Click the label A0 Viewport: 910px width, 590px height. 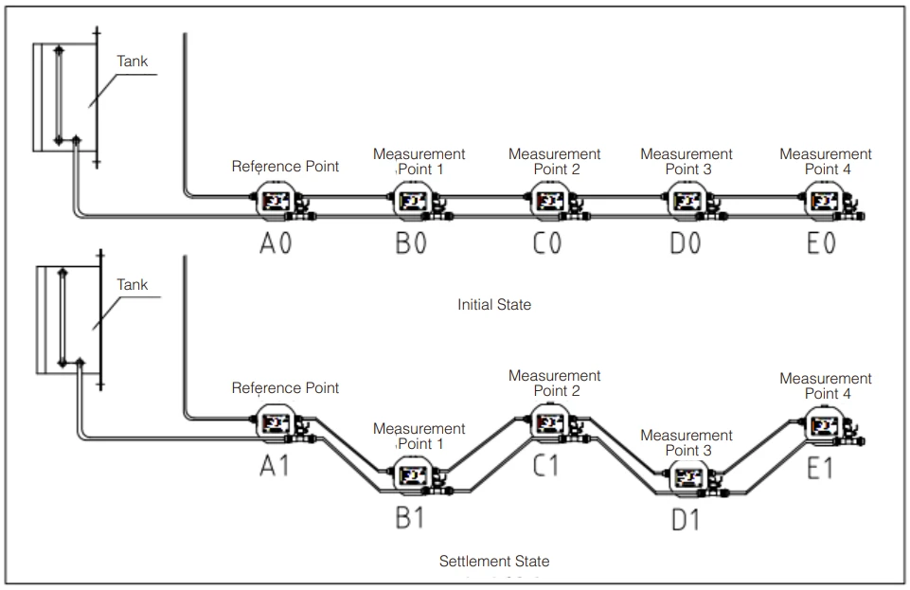276,243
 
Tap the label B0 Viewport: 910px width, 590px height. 411,243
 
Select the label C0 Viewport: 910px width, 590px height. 547,243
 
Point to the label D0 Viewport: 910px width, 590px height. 686,243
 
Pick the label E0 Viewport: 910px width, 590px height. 821,243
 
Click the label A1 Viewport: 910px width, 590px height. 274,466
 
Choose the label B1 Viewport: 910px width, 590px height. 410,517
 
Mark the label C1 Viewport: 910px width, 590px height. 545,466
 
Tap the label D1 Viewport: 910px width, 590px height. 686,520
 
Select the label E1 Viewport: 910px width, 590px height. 819,468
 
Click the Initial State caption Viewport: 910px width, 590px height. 494,305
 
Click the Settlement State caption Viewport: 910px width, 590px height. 494,561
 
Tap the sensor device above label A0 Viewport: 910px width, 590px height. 282,202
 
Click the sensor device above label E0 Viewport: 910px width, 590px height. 832,202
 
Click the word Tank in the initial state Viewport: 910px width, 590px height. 133,61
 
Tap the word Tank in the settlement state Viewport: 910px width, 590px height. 133,284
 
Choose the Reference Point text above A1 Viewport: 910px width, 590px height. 285,387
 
